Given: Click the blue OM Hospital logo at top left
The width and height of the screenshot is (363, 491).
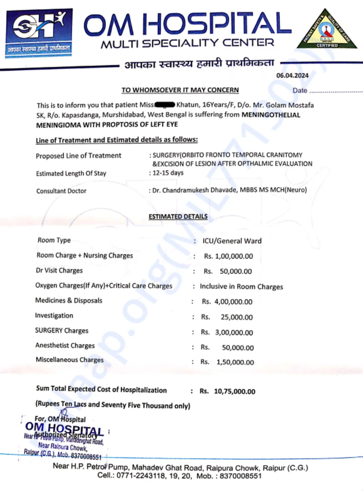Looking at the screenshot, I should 39,33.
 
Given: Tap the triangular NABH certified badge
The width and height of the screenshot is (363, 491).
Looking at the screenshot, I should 327,30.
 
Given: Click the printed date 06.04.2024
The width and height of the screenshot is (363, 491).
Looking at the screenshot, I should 292,76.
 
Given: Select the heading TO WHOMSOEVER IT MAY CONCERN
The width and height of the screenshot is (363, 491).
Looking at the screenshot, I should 180,90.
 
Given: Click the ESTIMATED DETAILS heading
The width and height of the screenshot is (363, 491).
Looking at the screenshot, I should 178,216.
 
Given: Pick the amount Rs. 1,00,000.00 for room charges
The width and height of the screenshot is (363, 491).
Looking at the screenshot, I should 229,256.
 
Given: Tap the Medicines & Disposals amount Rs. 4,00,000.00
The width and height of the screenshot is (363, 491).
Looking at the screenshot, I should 227,302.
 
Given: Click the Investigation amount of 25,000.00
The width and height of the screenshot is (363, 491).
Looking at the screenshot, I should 236,317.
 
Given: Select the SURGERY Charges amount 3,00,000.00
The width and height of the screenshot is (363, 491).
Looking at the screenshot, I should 234,333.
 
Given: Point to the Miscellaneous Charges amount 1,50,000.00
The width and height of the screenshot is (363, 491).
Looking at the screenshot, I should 235,362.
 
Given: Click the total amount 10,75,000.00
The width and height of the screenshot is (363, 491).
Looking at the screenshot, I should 234,391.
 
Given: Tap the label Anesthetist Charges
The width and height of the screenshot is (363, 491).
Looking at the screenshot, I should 65,346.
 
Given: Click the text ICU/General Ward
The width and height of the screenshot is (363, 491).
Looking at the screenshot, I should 232,241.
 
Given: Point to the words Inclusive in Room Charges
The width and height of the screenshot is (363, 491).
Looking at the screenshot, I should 241,287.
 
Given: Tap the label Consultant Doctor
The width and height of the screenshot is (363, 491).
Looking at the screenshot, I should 61,191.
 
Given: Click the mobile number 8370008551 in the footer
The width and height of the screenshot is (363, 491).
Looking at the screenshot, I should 240,476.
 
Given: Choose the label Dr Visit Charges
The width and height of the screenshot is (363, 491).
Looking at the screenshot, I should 59,270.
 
